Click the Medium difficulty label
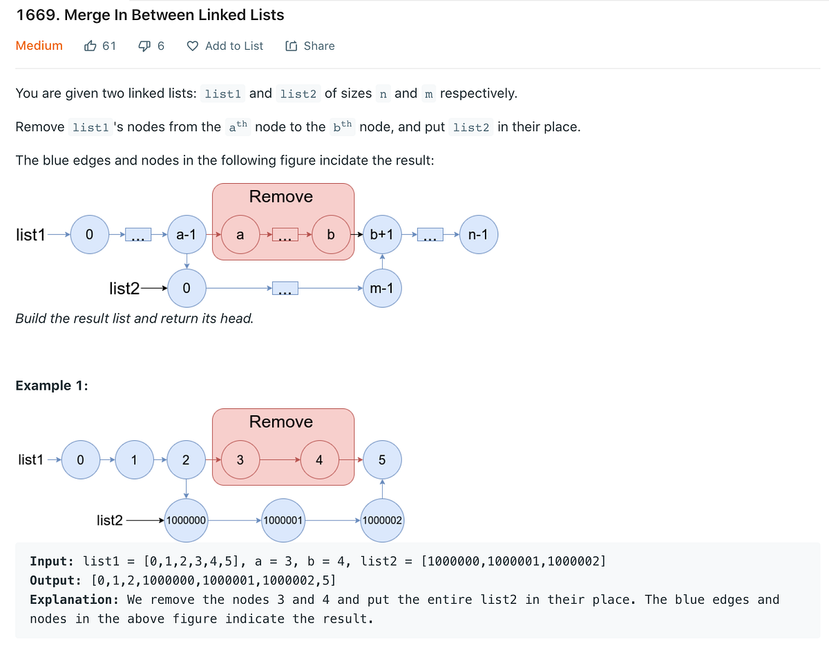[x=39, y=46]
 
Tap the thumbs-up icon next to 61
[x=90, y=46]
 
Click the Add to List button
[x=225, y=46]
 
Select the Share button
[x=310, y=46]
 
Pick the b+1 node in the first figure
[x=382, y=235]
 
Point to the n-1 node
[x=477, y=235]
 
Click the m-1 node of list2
[x=381, y=288]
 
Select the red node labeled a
[x=240, y=235]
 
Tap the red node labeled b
[x=330, y=235]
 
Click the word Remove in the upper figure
[x=281, y=196]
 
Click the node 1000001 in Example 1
[x=283, y=519]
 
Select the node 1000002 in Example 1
[x=382, y=519]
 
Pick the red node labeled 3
[x=240, y=460]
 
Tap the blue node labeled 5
[x=382, y=460]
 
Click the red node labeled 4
[x=319, y=460]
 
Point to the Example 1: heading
[x=52, y=386]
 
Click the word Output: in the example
[x=56, y=580]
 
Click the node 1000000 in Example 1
[x=187, y=519]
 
